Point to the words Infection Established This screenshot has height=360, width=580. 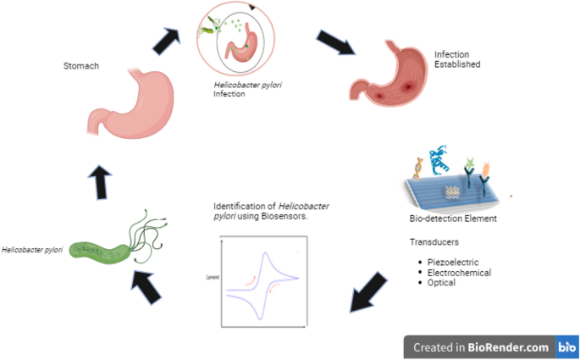click(457, 58)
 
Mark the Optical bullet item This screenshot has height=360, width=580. click(443, 282)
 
